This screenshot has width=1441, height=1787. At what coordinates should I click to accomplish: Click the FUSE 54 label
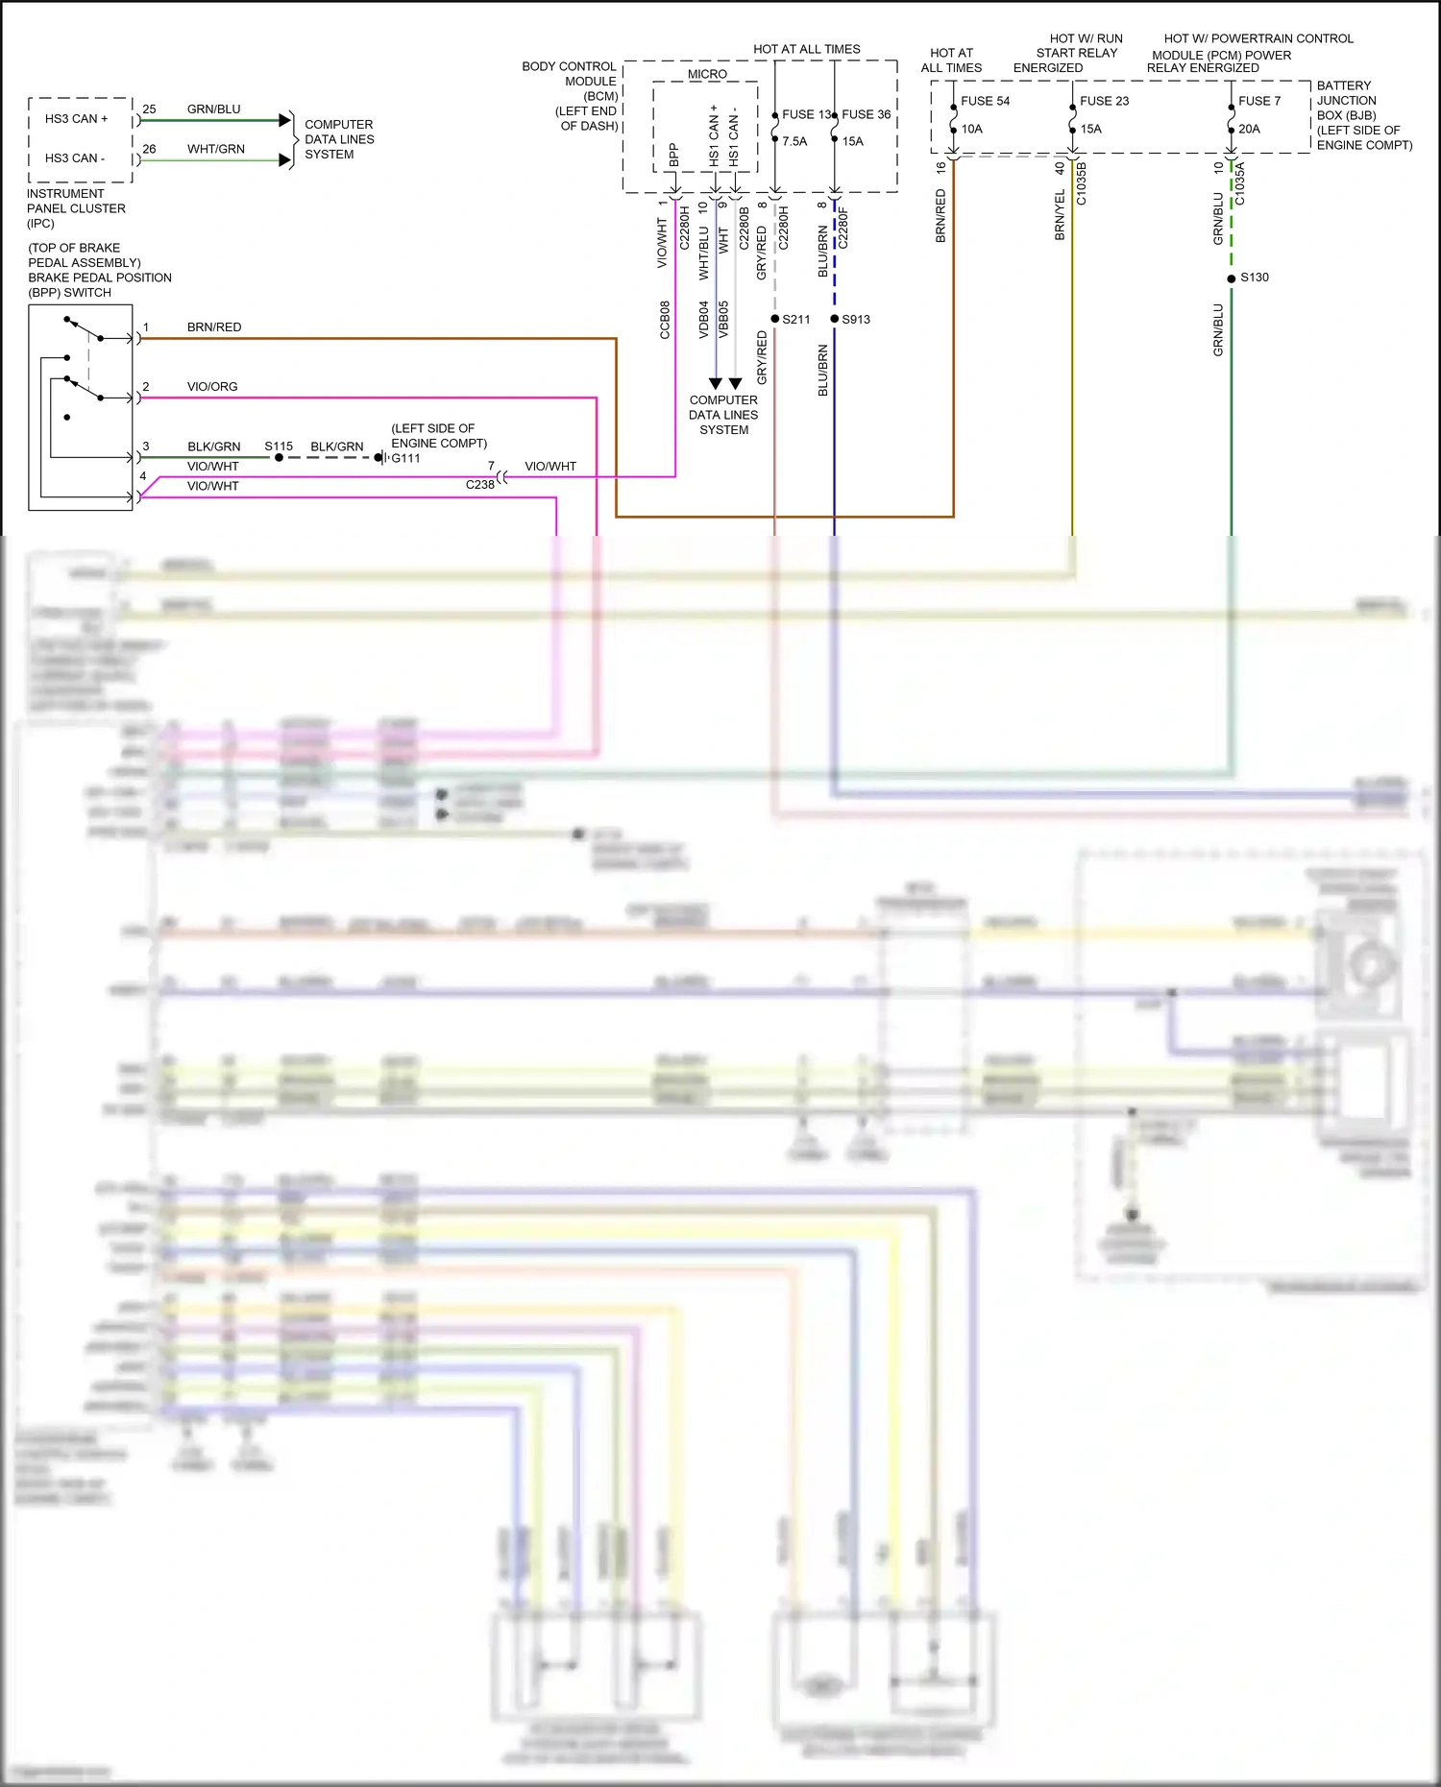click(985, 101)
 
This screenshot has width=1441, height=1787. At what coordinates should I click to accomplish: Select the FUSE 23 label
click(1104, 101)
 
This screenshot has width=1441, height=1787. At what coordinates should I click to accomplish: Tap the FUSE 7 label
click(1258, 101)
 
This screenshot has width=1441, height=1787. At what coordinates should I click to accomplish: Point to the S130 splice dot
click(1232, 278)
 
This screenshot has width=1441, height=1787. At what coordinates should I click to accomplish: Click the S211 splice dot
click(775, 319)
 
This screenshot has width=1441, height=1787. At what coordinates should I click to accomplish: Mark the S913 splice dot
click(835, 319)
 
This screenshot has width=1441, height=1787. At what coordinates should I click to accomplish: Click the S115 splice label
click(279, 447)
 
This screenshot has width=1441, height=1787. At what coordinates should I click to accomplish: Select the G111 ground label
click(405, 458)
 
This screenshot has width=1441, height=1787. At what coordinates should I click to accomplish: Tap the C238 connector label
click(479, 485)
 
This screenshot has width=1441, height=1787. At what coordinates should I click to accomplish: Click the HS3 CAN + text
click(76, 119)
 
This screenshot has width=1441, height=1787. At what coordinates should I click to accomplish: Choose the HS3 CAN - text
click(75, 158)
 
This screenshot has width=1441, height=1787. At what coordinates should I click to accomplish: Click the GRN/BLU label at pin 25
click(213, 109)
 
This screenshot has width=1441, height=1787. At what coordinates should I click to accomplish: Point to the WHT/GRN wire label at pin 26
click(215, 149)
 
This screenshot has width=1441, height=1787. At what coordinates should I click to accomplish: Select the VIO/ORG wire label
click(212, 387)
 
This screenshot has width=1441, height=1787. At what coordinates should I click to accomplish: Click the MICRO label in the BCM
click(707, 74)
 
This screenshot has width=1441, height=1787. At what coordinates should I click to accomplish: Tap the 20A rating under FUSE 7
click(1249, 129)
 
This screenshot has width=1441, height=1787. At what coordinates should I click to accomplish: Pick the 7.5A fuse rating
click(794, 141)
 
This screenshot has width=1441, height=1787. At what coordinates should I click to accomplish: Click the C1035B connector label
click(1082, 183)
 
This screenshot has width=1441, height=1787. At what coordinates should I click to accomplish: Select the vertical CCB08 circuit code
click(665, 320)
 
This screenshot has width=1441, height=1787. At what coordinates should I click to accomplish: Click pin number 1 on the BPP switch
click(146, 327)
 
